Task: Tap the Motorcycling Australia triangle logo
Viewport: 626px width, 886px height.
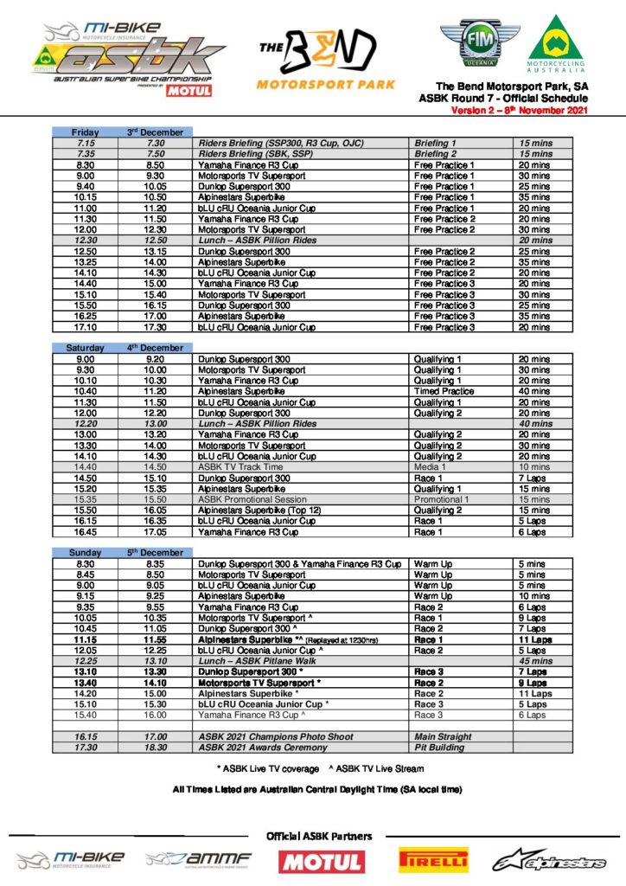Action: (x=556, y=43)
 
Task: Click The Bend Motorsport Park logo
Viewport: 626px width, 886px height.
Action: (x=325, y=58)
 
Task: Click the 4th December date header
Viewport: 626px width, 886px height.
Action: (x=156, y=348)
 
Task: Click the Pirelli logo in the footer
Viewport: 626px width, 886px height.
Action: (x=433, y=860)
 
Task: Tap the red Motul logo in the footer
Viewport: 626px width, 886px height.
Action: (x=322, y=861)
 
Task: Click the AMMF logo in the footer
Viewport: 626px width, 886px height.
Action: (x=198, y=859)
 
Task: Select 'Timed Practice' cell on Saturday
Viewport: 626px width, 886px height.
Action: (x=444, y=391)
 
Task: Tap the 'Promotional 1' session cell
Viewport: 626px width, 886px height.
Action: (x=443, y=499)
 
